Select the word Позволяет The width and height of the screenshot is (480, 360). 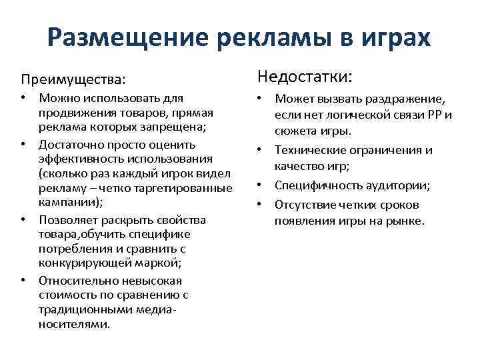pos(67,219)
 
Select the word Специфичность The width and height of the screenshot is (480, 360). pos(316,185)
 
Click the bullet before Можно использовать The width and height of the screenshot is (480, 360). pos(23,98)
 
